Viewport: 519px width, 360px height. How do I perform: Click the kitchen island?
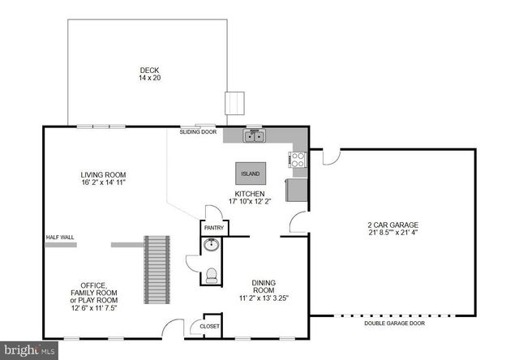[249, 174]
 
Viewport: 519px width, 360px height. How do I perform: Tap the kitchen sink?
[254, 135]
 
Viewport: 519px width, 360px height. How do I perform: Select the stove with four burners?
[298, 160]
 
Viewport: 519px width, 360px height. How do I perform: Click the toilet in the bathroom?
[212, 276]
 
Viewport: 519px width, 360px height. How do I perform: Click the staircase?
[157, 267]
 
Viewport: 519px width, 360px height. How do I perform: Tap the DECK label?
[147, 71]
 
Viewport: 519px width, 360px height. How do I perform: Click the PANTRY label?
[214, 229]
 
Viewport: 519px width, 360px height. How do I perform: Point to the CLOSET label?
[209, 326]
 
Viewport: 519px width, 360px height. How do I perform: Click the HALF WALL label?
[62, 238]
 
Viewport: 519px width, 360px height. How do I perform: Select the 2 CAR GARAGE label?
[392, 224]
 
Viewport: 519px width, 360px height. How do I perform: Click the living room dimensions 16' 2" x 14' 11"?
[102, 183]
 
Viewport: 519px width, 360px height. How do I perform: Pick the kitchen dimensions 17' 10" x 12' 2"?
[249, 202]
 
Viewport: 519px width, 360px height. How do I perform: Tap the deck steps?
[234, 104]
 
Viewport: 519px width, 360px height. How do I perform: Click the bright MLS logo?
[30, 349]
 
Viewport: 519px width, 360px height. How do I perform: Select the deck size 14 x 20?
[147, 79]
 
